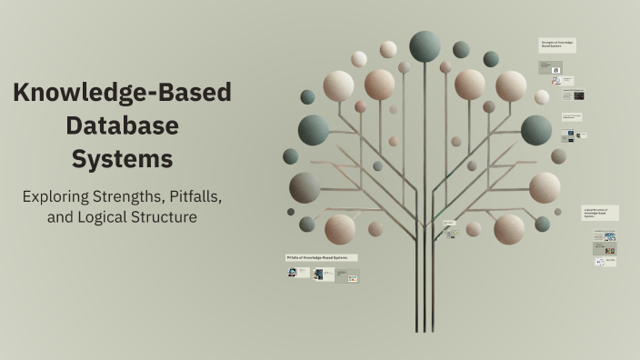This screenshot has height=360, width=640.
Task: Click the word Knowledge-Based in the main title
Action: pyautogui.click(x=122, y=93)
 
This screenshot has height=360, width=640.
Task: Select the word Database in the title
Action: pyautogui.click(x=122, y=125)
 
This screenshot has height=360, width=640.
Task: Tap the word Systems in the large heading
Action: pyautogui.click(x=122, y=159)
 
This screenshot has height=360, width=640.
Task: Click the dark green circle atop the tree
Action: pyautogui.click(x=425, y=45)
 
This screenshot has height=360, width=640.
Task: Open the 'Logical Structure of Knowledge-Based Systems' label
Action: pyautogui.click(x=600, y=213)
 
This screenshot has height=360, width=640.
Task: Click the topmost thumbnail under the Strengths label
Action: pyautogui.click(x=550, y=68)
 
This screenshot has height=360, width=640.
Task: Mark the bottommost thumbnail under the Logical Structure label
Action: pyautogui.click(x=605, y=262)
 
